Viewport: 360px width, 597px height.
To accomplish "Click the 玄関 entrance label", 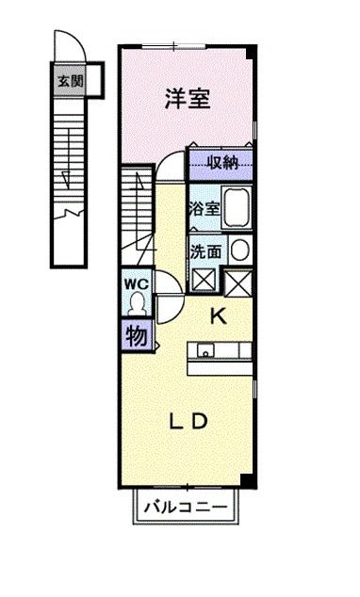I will click(x=69, y=81).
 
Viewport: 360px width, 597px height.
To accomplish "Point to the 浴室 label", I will click(x=204, y=209).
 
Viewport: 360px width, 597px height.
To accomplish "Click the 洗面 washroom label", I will click(x=205, y=251).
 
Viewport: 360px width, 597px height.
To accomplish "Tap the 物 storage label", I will click(x=136, y=335).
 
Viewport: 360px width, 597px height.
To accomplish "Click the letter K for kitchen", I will click(x=217, y=316).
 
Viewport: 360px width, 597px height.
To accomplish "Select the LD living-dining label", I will click(x=188, y=421).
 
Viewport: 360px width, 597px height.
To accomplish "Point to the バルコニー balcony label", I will click(x=186, y=508).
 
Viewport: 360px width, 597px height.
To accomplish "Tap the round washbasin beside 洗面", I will click(x=240, y=250).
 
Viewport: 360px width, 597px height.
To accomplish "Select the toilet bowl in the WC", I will click(x=137, y=303).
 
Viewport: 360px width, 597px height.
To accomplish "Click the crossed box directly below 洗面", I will click(x=203, y=280).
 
